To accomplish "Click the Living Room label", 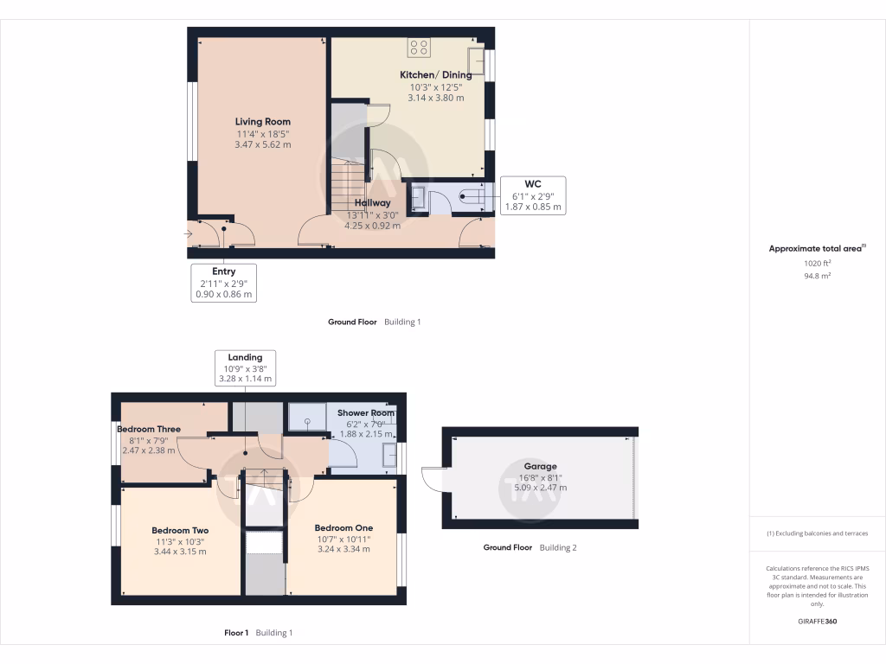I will pyautogui.click(x=262, y=122).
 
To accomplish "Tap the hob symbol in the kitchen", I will pyautogui.click(x=419, y=48).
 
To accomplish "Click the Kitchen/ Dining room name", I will pyautogui.click(x=435, y=75).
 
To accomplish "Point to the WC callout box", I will pyautogui.click(x=532, y=195).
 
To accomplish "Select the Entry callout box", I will pyautogui.click(x=224, y=283).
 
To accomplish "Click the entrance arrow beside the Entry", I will pyautogui.click(x=189, y=233).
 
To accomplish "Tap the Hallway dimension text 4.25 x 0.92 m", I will pyautogui.click(x=372, y=226).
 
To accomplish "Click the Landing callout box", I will pyautogui.click(x=245, y=367).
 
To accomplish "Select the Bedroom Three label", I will pyautogui.click(x=149, y=428).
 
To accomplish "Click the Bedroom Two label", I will pyautogui.click(x=180, y=531).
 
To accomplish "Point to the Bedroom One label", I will pyautogui.click(x=343, y=528).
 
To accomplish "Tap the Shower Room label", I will pyautogui.click(x=365, y=413).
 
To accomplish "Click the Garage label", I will pyautogui.click(x=540, y=466).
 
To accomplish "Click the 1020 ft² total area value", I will pyautogui.click(x=817, y=263).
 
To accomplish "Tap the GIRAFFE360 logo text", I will pyautogui.click(x=817, y=621).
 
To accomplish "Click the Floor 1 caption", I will pyautogui.click(x=236, y=633).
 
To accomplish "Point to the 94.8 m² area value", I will pyautogui.click(x=817, y=276).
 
